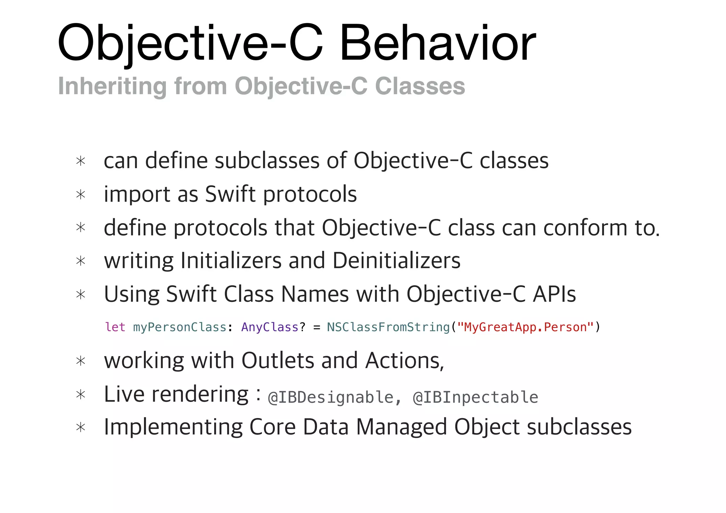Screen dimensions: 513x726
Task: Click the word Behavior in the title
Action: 437,43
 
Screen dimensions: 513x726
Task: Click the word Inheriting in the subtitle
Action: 112,86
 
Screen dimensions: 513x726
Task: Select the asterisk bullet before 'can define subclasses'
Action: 81,162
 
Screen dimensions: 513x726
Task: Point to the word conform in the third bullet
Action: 585,227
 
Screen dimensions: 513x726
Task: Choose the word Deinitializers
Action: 396,261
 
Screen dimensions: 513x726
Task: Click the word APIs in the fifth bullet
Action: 554,294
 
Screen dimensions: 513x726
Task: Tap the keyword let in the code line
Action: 115,327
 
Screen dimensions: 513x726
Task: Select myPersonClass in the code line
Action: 179,327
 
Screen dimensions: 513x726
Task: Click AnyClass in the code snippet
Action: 270,327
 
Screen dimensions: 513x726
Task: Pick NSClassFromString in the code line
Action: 388,327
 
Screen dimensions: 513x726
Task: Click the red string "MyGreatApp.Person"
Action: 525,327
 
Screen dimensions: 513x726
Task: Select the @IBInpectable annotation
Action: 475,398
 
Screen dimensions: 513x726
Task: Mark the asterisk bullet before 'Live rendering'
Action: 81,395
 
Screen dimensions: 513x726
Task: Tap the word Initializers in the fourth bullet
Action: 231,261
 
